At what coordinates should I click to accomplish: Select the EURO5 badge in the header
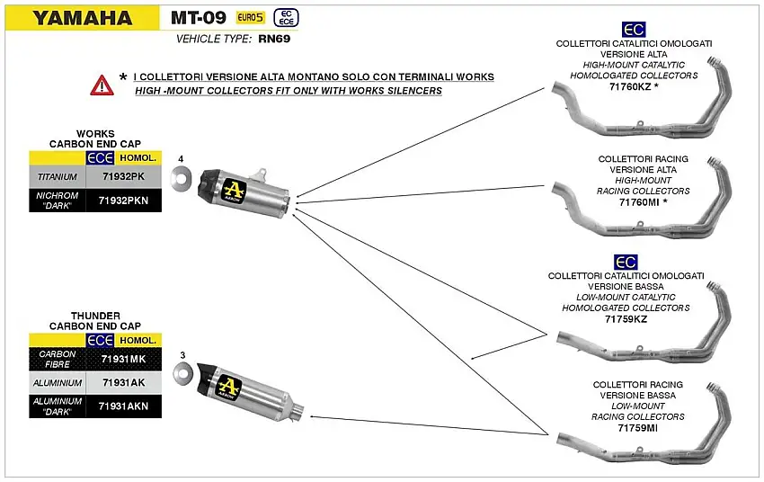click(251, 17)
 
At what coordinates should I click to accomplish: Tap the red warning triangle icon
click(102, 85)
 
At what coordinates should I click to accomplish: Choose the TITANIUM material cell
click(58, 178)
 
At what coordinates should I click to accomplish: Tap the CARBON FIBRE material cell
click(58, 360)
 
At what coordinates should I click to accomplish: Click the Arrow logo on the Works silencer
click(236, 192)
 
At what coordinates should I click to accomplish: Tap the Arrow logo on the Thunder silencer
click(230, 388)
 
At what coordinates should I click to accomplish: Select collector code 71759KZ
click(626, 319)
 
